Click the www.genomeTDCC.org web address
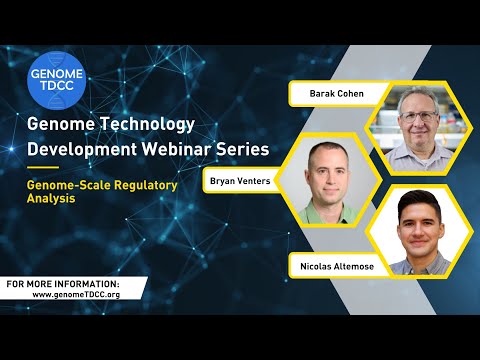pos(75,295)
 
